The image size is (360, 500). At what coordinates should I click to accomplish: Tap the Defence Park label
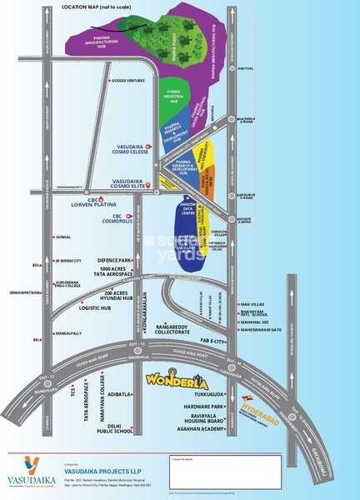click(x=116, y=261)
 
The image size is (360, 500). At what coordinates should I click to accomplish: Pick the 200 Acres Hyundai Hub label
click(x=114, y=296)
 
